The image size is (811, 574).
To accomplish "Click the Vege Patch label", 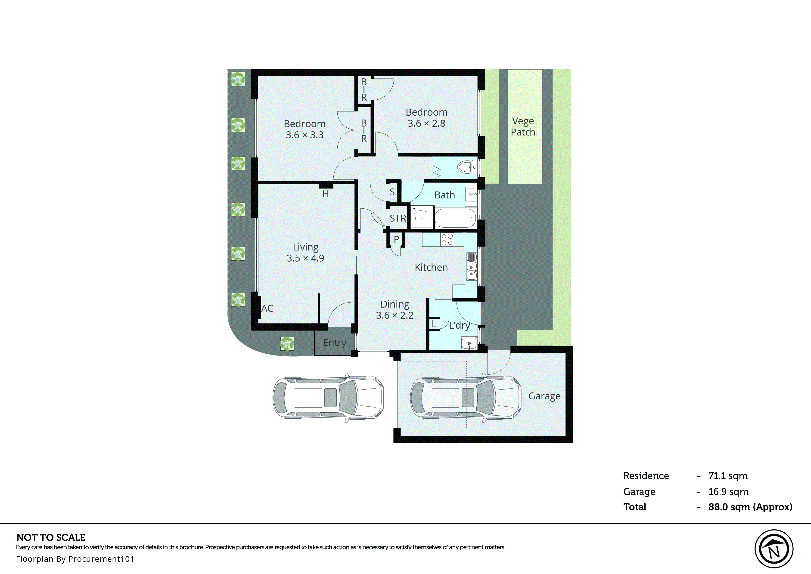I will coord(523,127).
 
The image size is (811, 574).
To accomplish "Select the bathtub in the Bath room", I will coord(455,218).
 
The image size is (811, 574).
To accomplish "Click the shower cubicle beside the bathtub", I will coord(422,217).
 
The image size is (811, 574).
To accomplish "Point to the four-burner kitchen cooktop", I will coord(447,239).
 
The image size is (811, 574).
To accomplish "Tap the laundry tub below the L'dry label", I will coord(469,343).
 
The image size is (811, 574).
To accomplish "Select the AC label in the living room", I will coord(267,309).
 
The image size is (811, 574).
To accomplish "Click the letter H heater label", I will coord(326,194).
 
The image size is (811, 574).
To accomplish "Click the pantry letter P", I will coord(396,239).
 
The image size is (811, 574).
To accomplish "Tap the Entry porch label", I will coord(334,343).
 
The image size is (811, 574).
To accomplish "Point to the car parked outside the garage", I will coord(328,398).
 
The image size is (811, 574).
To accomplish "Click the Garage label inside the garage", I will coord(544,396).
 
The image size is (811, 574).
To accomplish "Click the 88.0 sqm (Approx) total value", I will coord(750,507).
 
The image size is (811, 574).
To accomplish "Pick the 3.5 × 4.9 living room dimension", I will coord(305,258).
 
